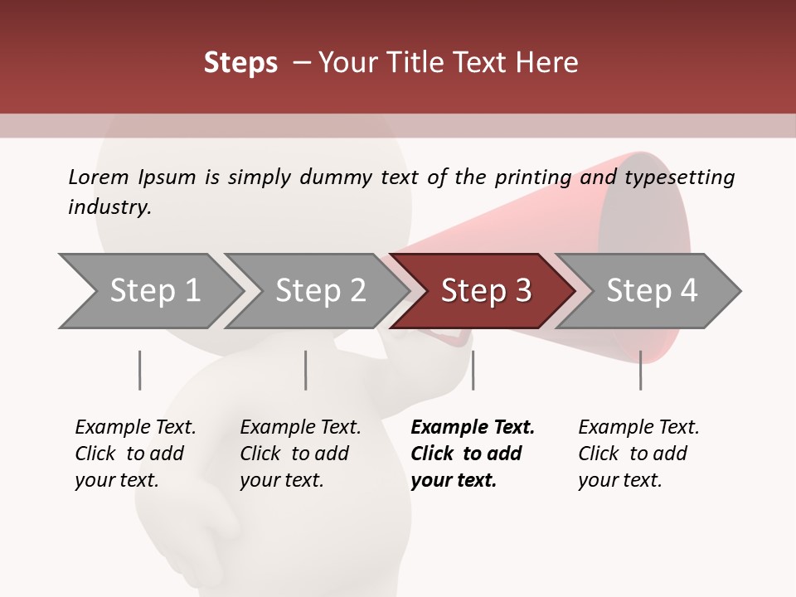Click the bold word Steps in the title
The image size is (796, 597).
[x=240, y=63]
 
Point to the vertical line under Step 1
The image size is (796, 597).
[x=139, y=370]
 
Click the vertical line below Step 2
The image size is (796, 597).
[x=306, y=370]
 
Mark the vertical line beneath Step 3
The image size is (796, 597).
[x=473, y=370]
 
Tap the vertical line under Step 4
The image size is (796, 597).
[x=640, y=370]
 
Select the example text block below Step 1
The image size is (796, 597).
[x=135, y=454]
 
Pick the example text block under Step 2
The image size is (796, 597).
[x=300, y=454]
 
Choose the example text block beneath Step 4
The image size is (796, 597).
[x=638, y=454]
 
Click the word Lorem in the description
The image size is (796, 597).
[x=99, y=177]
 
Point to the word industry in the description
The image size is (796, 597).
[x=109, y=207]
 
